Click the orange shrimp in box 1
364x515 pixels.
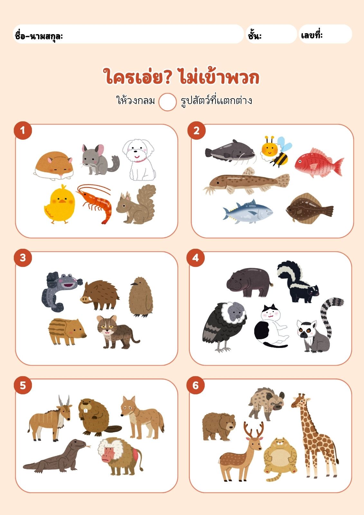(96, 203)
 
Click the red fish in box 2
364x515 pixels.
(319, 163)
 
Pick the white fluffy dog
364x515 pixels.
(139, 160)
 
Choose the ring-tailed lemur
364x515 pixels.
(320, 327)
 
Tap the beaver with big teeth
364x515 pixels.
(98, 417)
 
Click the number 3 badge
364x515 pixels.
(23, 258)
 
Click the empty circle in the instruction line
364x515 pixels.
(167, 102)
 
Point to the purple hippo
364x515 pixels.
(249, 282)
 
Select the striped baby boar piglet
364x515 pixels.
(67, 331)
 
